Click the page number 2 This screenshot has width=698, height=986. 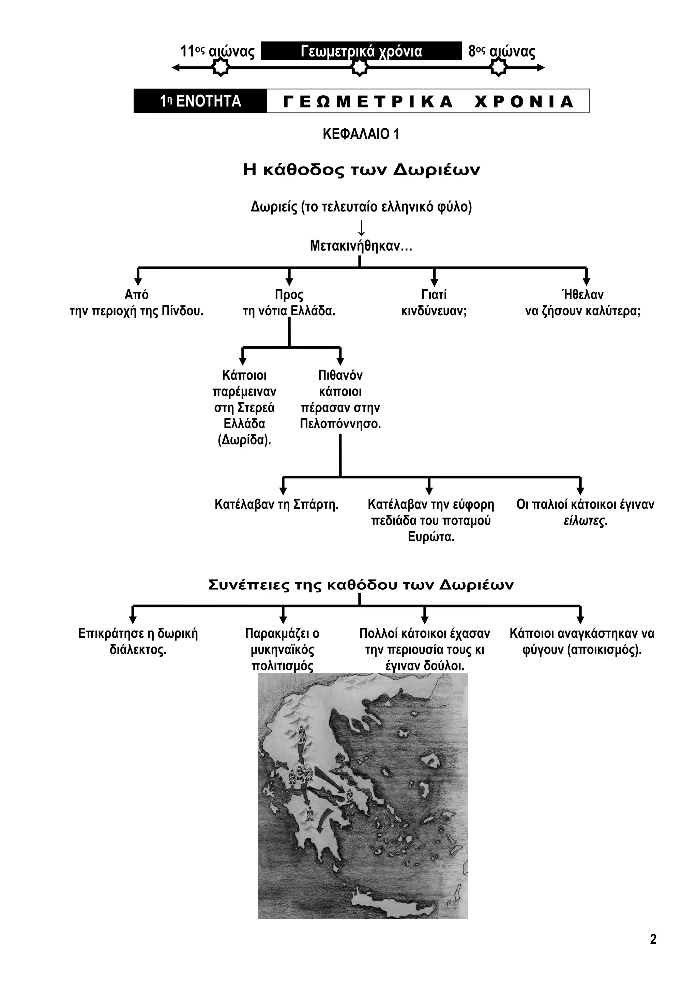[653, 939]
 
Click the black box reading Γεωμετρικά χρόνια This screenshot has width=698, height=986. [361, 51]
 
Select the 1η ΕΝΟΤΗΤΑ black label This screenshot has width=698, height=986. [200, 101]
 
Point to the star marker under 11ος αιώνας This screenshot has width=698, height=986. [221, 67]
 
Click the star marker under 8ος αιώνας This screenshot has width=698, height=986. [499, 67]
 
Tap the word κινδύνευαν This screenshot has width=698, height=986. [434, 311]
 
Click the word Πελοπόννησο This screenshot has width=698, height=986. [340, 424]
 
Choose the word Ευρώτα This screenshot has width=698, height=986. [431, 537]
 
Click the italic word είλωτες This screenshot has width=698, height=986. [585, 521]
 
